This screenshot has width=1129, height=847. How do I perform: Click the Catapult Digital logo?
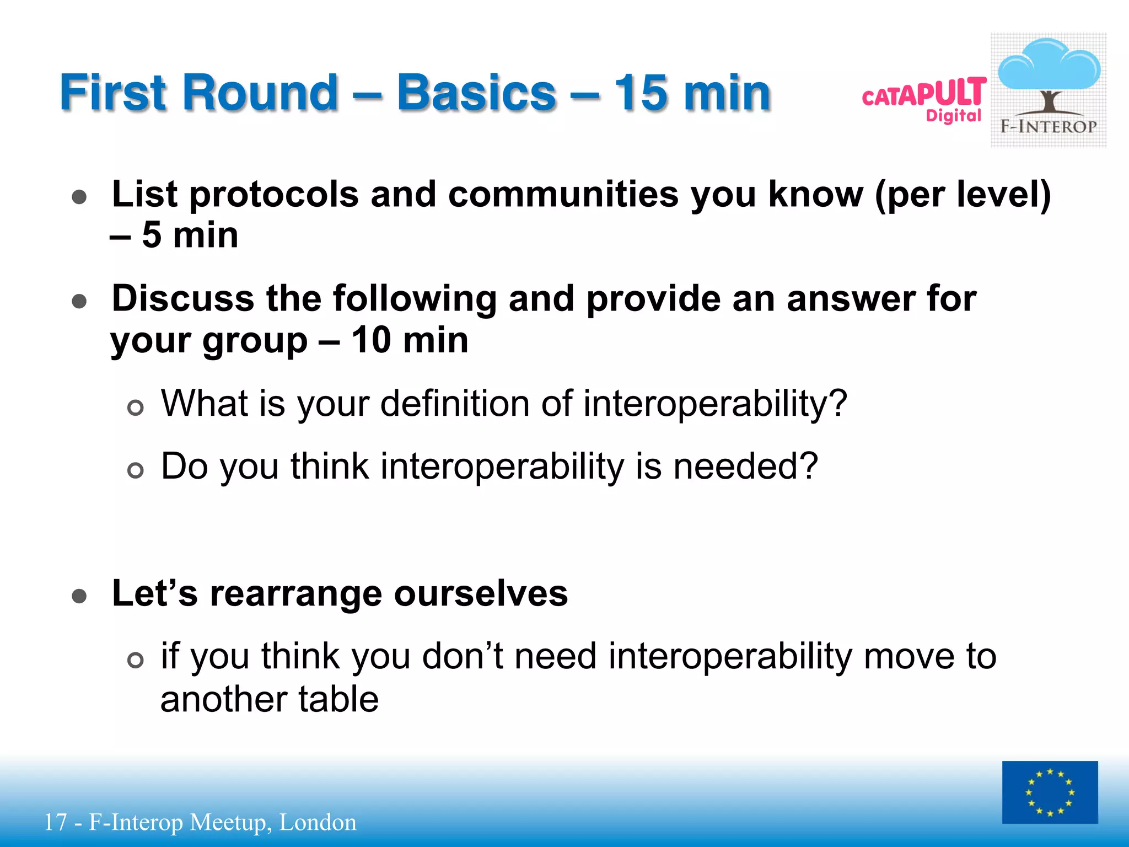924,99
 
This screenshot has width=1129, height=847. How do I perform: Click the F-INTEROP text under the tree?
1049,127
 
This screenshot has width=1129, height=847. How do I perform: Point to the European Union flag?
1050,792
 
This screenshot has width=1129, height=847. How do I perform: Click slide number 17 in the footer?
55,822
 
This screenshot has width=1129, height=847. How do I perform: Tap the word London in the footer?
318,822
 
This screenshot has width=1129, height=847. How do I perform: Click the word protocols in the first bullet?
274,195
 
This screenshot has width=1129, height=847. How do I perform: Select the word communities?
563,195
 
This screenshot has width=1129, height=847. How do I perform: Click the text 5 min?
190,235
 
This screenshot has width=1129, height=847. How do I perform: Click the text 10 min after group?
410,340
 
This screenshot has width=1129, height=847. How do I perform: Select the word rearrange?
295,594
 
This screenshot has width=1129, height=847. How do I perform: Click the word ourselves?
481,594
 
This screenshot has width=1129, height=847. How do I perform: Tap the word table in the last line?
338,699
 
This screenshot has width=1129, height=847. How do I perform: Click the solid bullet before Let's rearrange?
79,596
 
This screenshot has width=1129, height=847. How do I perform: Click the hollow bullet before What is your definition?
135,408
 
